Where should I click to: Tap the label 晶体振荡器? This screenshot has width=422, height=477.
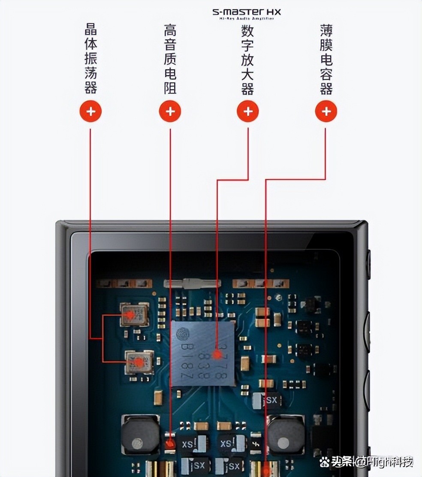point(90,59)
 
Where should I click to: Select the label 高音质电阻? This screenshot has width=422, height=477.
point(170,59)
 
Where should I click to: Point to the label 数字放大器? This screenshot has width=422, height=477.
point(248,59)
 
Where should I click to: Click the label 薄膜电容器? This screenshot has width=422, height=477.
point(326,59)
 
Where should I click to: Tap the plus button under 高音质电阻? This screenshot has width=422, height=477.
point(170,112)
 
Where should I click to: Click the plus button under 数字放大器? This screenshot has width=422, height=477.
point(248,112)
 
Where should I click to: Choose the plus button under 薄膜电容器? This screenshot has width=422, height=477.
point(326,112)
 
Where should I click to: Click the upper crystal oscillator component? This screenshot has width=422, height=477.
point(134,314)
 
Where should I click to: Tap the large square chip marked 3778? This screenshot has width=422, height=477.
point(203,353)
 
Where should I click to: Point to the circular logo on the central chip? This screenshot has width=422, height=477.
point(184,334)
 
